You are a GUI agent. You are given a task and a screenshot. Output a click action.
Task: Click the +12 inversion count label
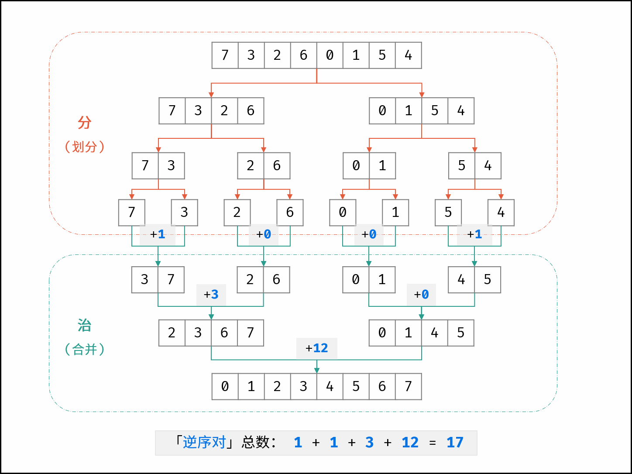point(317,348)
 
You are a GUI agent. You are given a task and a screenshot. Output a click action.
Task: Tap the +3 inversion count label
point(211,295)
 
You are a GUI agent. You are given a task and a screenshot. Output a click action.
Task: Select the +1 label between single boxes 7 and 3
point(158,234)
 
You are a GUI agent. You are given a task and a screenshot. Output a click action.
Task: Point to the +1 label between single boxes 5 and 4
point(474,234)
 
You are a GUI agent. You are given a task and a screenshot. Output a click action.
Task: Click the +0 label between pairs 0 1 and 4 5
point(421,295)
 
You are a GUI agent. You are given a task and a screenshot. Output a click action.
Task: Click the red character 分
point(85,123)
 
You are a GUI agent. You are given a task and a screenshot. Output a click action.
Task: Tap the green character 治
point(85,325)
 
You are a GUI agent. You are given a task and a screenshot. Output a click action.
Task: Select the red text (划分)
point(85,147)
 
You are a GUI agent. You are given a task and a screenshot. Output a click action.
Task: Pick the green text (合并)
point(85,349)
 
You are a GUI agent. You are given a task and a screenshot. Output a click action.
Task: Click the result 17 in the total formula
point(455,443)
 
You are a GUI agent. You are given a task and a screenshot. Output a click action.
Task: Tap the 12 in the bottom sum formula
point(410,443)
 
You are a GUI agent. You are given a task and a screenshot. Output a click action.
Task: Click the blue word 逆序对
point(204,443)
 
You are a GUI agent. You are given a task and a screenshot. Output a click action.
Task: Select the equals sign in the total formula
point(433,443)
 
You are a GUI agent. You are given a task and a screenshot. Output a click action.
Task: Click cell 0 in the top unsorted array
point(330,55)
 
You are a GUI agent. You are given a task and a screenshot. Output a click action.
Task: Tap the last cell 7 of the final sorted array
point(409,387)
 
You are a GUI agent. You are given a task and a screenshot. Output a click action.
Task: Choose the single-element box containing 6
point(290,213)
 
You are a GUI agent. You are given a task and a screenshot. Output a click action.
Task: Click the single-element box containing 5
point(448,213)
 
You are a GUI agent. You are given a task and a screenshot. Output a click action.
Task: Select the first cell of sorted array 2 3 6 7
point(172,333)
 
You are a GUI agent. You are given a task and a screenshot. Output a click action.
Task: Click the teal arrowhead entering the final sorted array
point(317,371)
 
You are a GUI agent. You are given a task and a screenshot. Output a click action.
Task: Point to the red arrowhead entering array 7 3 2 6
point(212,95)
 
